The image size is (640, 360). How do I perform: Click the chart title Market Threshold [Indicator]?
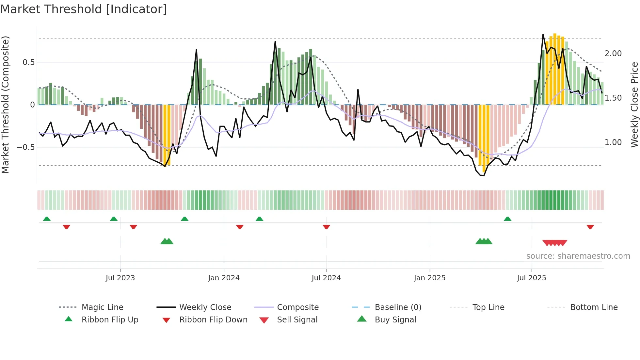(x=84, y=9)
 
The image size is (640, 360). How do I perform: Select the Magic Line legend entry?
(x=102, y=307)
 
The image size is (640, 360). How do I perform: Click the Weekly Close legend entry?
(x=205, y=307)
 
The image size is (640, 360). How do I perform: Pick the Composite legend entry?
(x=297, y=307)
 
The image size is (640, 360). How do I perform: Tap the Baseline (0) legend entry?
(x=398, y=307)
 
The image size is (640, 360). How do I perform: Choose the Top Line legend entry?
(x=488, y=307)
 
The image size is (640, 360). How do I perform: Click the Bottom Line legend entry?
(x=594, y=307)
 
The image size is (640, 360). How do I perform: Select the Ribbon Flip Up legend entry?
(x=110, y=320)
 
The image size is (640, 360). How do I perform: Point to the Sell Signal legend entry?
(x=297, y=320)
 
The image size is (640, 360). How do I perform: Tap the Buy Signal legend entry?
(x=395, y=320)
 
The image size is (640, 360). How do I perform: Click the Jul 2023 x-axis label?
(x=120, y=278)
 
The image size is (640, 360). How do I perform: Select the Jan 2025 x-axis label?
(x=429, y=278)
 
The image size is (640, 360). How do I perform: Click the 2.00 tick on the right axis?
(x=613, y=54)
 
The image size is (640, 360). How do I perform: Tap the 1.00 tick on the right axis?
(x=613, y=142)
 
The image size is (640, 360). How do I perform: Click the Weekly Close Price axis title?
(x=634, y=105)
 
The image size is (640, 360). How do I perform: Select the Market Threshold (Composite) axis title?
(x=6, y=105)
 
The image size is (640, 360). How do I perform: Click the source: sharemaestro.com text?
(x=578, y=256)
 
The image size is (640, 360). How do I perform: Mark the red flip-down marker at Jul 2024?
(x=326, y=227)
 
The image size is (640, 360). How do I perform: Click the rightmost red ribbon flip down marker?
(x=590, y=227)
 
